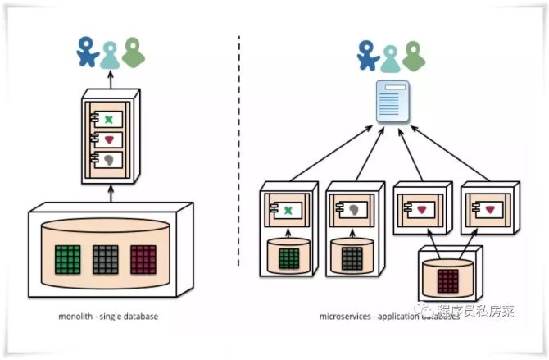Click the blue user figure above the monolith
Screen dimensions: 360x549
(x=86, y=52)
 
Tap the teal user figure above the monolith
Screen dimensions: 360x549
(x=110, y=54)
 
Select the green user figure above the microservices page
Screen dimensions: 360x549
(x=413, y=55)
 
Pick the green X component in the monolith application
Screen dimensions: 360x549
(x=108, y=119)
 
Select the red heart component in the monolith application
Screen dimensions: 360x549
(x=108, y=139)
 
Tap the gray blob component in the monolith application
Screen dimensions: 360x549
(x=108, y=161)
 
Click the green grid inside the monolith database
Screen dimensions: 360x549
(x=68, y=259)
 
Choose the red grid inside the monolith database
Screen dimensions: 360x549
(x=143, y=259)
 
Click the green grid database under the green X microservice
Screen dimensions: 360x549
(x=288, y=259)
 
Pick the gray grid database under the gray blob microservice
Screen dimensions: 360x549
(x=352, y=259)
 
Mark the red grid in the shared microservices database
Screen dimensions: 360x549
(x=447, y=280)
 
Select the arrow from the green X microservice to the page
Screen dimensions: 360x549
(x=328, y=157)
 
